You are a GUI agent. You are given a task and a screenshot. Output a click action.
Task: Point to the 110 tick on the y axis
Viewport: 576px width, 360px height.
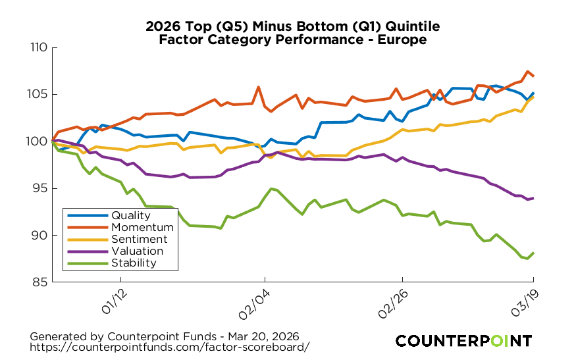[x=39, y=47]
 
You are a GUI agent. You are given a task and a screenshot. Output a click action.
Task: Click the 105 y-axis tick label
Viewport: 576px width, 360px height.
[x=39, y=94]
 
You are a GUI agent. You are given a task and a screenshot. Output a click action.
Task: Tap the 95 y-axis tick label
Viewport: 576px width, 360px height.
[x=41, y=188]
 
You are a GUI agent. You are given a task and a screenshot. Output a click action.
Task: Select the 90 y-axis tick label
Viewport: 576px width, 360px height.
[x=41, y=235]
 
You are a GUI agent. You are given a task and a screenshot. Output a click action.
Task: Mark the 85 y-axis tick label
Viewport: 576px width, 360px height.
[x=41, y=282]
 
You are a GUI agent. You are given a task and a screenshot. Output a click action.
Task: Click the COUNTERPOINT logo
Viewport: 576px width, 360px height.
[x=463, y=340]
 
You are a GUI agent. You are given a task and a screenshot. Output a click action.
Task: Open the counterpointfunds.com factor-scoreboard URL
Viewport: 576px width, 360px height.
[x=170, y=346]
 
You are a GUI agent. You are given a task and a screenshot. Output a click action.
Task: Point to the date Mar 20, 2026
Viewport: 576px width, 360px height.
[x=261, y=335]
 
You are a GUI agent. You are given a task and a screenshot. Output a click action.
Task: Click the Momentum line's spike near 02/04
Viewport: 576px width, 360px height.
[x=258, y=87]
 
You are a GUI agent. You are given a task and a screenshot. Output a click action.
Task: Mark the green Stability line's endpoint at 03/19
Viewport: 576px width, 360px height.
[x=533, y=253]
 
